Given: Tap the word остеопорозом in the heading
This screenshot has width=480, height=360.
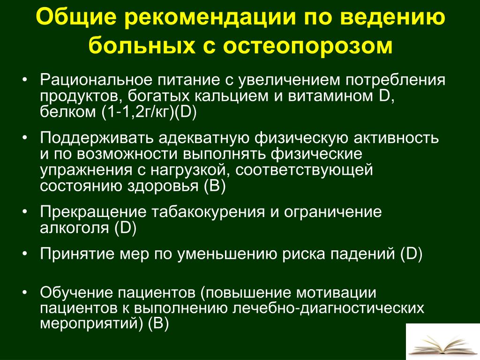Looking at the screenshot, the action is (307, 45).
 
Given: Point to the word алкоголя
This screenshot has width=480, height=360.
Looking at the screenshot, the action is (75, 228).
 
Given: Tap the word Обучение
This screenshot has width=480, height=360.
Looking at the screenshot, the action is (76, 292).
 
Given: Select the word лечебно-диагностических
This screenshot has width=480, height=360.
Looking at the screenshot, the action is (328, 308).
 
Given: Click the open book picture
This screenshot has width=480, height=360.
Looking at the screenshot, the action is (443, 342).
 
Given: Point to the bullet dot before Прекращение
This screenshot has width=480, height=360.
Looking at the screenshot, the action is (25, 212).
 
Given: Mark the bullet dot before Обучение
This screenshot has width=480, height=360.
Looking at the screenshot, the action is (25, 292).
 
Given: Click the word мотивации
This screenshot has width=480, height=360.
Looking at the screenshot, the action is (336, 292).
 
